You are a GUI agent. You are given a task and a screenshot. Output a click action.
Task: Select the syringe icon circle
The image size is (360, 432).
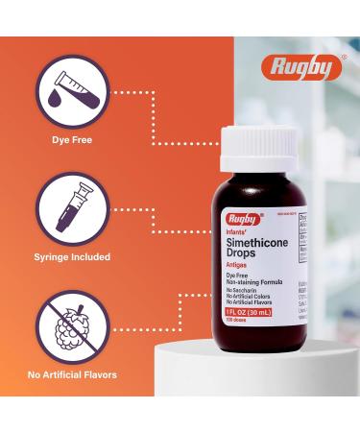click(73, 207)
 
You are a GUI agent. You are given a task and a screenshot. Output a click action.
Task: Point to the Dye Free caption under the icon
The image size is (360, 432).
click(73, 140)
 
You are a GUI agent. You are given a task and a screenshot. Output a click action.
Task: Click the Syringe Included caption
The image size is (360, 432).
click(73, 257)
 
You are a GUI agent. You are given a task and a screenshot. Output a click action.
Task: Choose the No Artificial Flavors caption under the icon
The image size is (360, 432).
click(73, 374)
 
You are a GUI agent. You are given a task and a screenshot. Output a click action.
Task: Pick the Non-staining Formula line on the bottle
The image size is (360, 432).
click(252, 282)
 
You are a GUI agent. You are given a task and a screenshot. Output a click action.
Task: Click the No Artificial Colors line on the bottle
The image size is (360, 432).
click(251, 297)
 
